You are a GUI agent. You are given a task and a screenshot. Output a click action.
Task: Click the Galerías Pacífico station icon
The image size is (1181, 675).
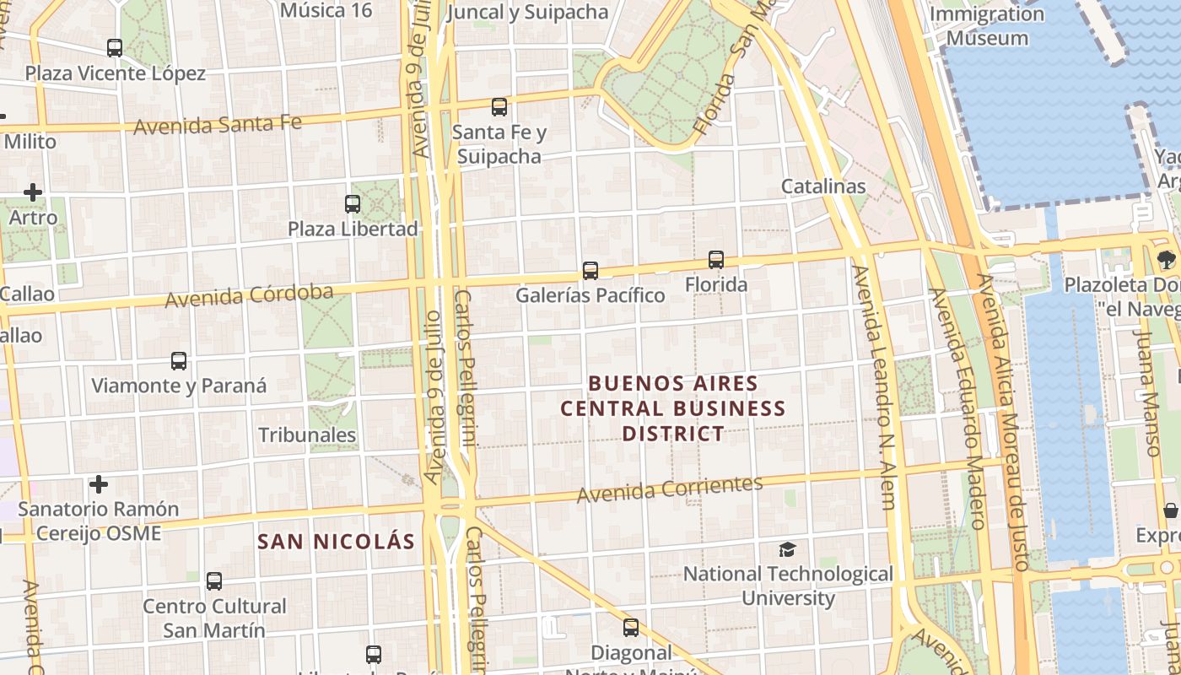point(590,271)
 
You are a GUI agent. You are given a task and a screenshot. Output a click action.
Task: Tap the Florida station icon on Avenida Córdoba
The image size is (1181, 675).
point(716,260)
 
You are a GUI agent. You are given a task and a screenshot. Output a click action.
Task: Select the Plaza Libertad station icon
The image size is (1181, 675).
point(353,204)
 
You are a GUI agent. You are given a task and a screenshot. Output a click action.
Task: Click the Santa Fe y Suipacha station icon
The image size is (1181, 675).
point(499,107)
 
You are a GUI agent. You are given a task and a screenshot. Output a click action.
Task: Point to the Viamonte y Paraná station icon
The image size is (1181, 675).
point(179,361)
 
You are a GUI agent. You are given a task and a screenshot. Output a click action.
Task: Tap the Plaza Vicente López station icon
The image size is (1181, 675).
point(115,48)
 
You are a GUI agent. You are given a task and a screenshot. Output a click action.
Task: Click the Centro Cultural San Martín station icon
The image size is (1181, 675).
point(214,581)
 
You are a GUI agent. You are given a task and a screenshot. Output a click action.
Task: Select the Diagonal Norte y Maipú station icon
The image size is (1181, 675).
point(631,628)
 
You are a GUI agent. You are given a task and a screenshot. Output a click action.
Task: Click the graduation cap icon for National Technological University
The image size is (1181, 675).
point(787,550)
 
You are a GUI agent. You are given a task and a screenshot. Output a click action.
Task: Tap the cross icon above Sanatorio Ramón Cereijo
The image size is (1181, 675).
point(99,484)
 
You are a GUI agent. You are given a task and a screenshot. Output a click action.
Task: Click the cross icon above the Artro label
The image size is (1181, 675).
point(33,192)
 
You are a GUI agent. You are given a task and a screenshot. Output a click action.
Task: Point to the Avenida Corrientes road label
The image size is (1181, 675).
point(670,489)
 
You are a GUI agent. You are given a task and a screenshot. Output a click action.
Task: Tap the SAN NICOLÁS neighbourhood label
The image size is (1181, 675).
point(336,542)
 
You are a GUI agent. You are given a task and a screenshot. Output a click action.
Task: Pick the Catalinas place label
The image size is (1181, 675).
point(823,186)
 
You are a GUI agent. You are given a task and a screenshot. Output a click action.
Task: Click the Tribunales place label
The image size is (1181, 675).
point(307,435)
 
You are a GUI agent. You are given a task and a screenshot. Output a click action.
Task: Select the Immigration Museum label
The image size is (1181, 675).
point(986,26)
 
